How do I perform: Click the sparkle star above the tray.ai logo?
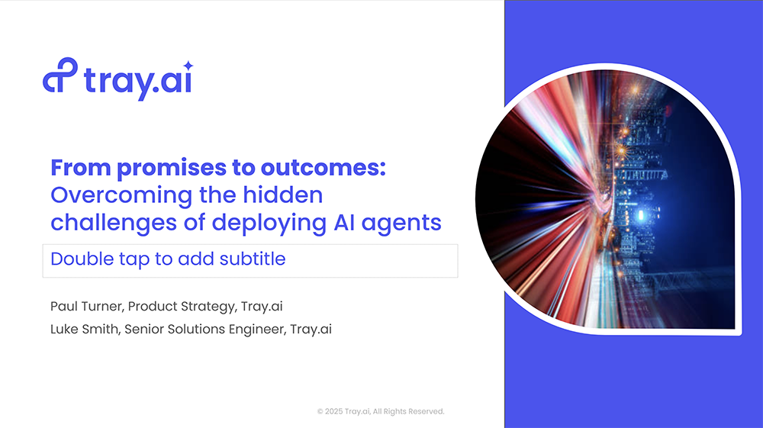188,65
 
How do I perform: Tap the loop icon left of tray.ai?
60,75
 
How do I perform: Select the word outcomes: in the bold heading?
323,168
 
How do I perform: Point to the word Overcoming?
121,195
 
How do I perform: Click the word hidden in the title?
283,195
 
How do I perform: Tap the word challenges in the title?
114,223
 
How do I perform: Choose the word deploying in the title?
269,223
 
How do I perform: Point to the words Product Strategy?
182,307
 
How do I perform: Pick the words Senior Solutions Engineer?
206,330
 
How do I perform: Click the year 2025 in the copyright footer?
334,411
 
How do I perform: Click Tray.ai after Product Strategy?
262,306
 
